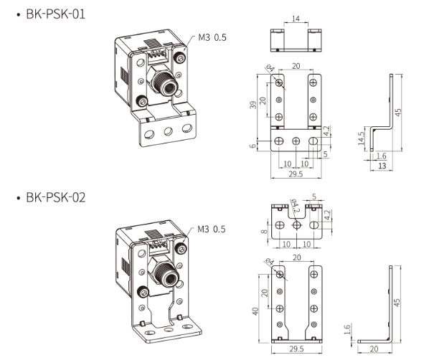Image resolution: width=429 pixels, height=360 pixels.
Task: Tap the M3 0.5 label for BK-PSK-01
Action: [x=212, y=38]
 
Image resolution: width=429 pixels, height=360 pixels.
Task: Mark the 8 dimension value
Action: [x=265, y=230]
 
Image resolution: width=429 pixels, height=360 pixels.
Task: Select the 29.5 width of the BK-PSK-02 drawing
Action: [x=296, y=350]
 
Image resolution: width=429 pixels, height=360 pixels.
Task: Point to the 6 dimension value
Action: [x=252, y=146]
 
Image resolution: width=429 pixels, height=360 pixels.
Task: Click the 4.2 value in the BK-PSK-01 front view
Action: [x=327, y=131]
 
